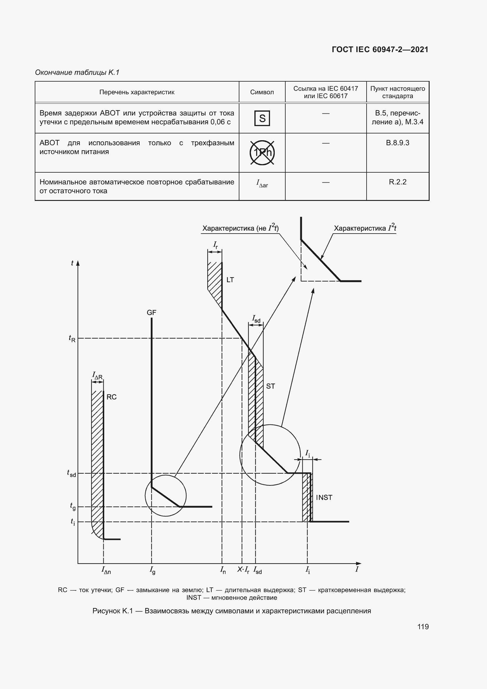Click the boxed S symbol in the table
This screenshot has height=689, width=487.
[x=262, y=118]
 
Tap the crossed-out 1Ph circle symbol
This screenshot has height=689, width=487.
[x=262, y=153]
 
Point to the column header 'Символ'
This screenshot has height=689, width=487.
[x=262, y=92]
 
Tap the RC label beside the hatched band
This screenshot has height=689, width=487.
[x=112, y=397]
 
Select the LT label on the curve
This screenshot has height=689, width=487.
[x=230, y=280]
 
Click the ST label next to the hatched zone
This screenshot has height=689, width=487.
[x=271, y=386]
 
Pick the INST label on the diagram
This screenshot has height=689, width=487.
[x=324, y=498]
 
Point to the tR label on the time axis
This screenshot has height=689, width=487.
[x=72, y=339]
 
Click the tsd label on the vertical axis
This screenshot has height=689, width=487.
[x=71, y=474]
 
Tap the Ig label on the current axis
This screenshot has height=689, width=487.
[x=152, y=570]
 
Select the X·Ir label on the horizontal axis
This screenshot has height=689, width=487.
[x=243, y=570]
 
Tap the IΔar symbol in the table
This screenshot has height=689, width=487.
[x=262, y=183]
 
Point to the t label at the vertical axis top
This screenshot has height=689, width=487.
[x=72, y=263]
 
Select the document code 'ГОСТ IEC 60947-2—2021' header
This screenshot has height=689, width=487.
[x=380, y=49]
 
